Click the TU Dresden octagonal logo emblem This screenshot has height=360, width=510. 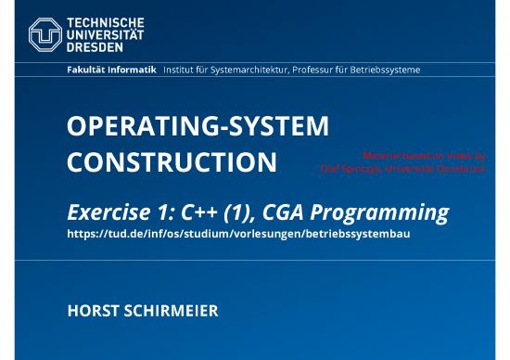coord(45,34)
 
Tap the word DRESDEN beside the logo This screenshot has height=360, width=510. coord(96,46)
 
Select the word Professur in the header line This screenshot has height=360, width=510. coord(312,71)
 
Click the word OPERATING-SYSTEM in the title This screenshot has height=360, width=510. coord(198,127)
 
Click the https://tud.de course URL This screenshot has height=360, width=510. coord(238,234)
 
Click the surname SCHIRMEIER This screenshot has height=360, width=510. coord(174,311)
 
